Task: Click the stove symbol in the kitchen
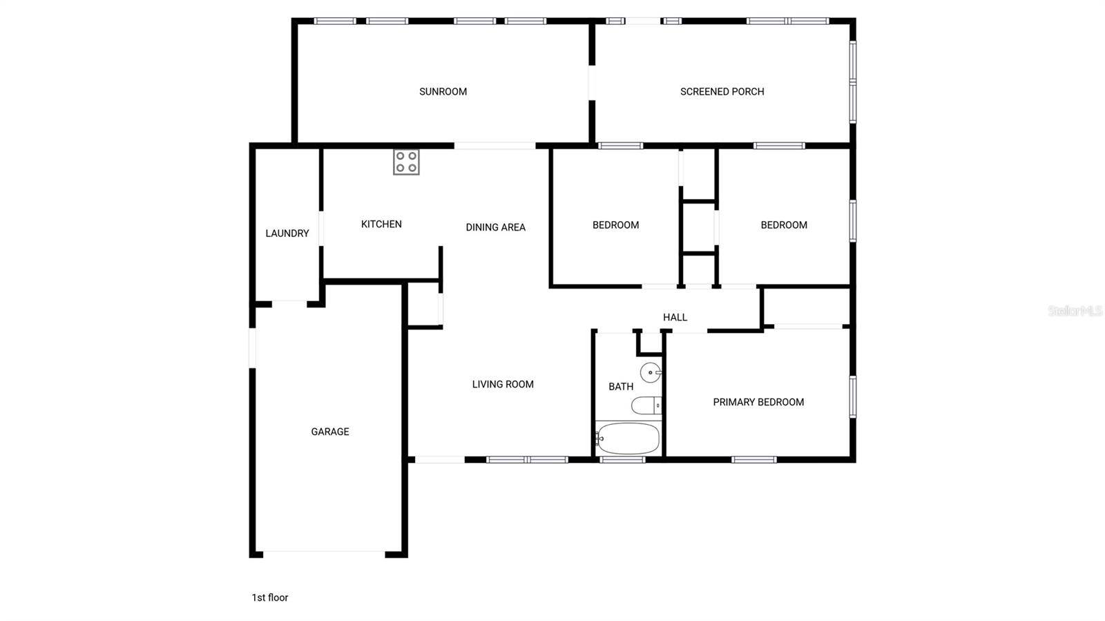[x=406, y=162]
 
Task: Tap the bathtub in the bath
[x=627, y=438]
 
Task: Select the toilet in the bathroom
[x=647, y=405]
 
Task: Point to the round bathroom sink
[x=651, y=372]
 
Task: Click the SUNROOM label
[x=443, y=91]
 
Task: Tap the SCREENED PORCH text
[x=722, y=91]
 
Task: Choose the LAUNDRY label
[x=287, y=233]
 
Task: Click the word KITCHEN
[x=381, y=224]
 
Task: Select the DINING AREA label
[x=495, y=227]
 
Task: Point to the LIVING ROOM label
[x=503, y=384]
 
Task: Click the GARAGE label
[x=330, y=432]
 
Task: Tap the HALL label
[x=675, y=317]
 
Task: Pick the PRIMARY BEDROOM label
[x=758, y=402]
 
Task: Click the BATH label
[x=621, y=387]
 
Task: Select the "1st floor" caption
[x=269, y=598]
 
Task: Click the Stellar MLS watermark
[x=1075, y=311]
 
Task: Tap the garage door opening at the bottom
[x=324, y=553]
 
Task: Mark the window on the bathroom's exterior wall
[x=622, y=459]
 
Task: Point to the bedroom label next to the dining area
[x=615, y=224]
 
